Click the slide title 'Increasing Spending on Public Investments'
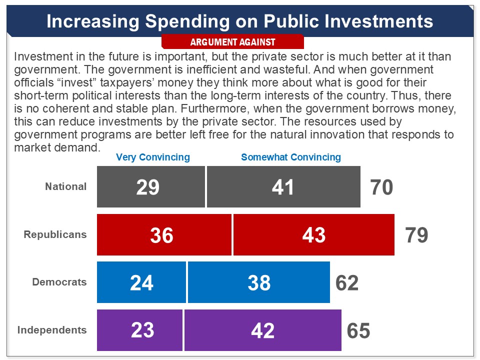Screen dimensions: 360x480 tap(239, 21)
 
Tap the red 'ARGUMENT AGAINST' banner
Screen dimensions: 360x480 tap(232, 42)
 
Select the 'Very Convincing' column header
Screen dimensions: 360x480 tap(153, 157)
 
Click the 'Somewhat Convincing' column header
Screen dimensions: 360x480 tap(290, 157)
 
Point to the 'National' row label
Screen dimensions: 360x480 tap(66, 186)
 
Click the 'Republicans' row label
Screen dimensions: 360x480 tap(55, 234)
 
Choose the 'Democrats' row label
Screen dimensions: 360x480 tap(59, 282)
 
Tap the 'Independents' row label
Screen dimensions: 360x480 tap(52, 330)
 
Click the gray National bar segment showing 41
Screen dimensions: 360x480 tap(283, 187)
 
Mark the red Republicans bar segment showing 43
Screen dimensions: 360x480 tap(314, 235)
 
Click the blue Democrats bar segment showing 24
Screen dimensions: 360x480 tap(141, 282)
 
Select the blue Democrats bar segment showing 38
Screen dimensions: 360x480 tap(259, 282)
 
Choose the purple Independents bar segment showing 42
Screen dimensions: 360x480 tap(263, 330)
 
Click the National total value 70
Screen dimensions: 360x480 tap(381, 187)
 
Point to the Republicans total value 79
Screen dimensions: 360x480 tap(416, 235)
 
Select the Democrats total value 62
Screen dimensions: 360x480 tap(347, 283)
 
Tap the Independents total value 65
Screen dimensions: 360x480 tap(358, 330)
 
